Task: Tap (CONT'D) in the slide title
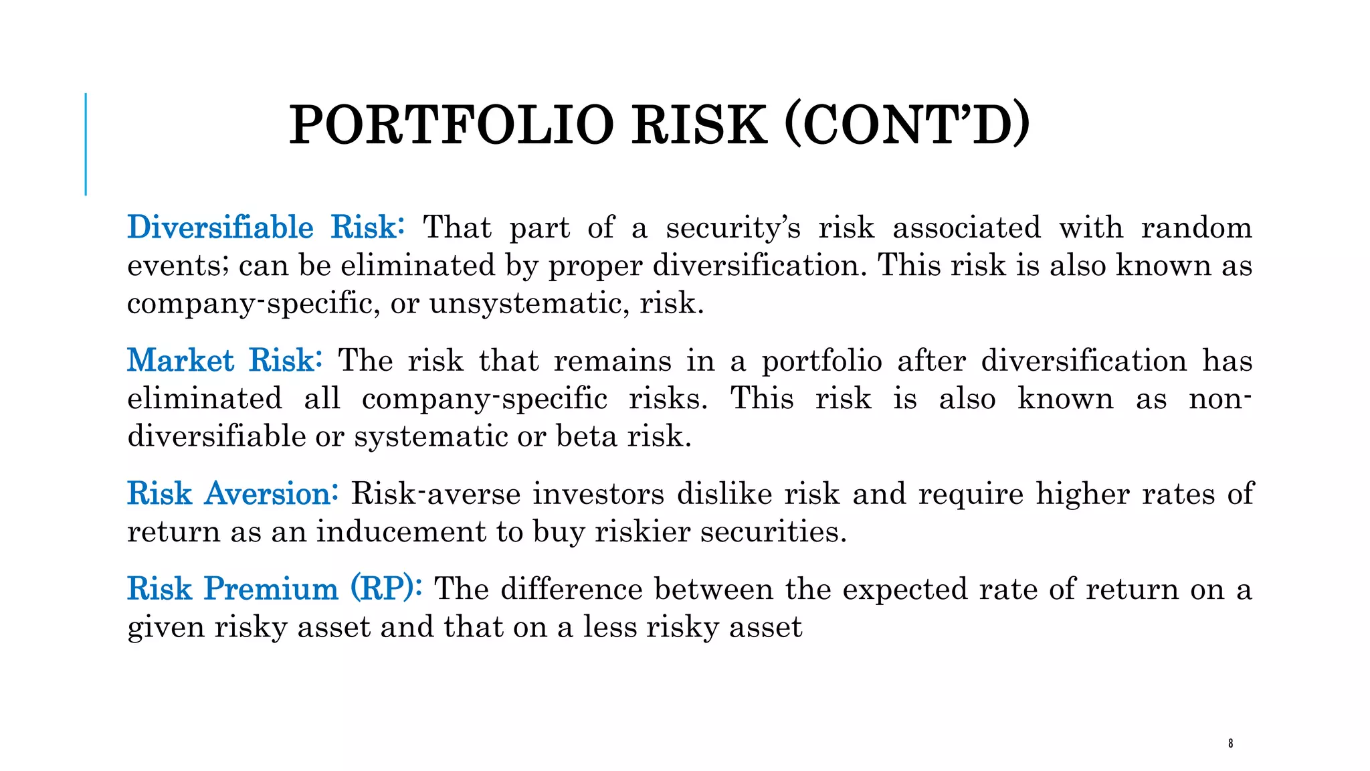coord(906,125)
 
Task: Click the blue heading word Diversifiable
coord(220,228)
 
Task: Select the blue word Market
coord(181,361)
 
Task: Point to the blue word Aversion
coord(268,494)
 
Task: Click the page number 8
coord(1230,743)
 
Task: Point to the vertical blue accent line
coord(86,144)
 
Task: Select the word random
coord(1196,228)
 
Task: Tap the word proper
coord(595,266)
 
